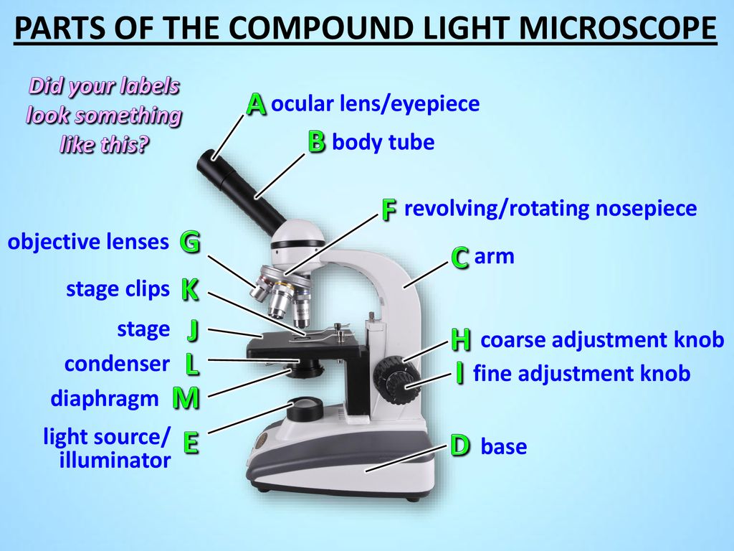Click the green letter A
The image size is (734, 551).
(x=256, y=104)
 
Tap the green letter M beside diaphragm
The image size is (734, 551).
(x=186, y=399)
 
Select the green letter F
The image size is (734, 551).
(x=389, y=209)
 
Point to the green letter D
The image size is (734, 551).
(x=460, y=446)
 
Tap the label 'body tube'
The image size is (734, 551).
(x=383, y=142)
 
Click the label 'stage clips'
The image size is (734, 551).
(x=118, y=289)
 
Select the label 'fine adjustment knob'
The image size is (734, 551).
(x=582, y=373)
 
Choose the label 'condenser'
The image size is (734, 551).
(x=117, y=364)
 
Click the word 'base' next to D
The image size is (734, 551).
(x=504, y=446)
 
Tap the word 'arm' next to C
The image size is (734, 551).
(x=495, y=256)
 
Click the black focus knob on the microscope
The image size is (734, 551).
(x=396, y=380)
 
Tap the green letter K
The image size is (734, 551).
(x=190, y=290)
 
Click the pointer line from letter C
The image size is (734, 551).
(x=426, y=274)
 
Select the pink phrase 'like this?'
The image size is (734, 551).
(x=104, y=143)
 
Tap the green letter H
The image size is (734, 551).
(x=461, y=339)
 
